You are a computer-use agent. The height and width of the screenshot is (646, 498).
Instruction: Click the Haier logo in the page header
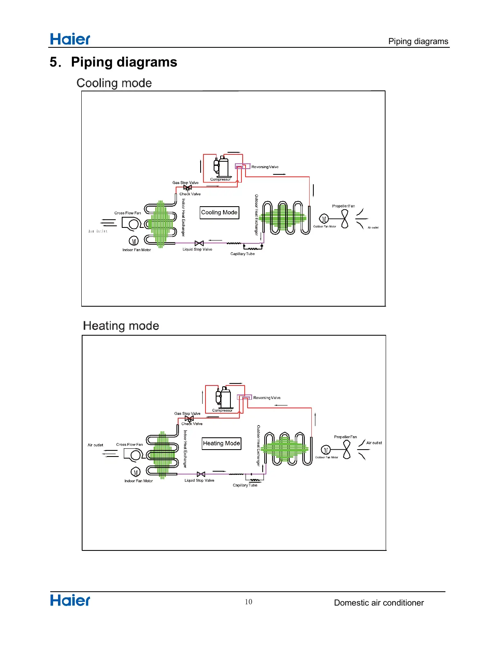(70, 39)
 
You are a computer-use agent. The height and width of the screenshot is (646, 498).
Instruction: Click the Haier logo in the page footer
(70, 600)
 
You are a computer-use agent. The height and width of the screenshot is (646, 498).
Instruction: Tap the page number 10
(248, 602)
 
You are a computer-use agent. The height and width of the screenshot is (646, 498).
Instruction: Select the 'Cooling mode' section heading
(114, 83)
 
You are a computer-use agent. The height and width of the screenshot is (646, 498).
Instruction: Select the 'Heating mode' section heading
(121, 326)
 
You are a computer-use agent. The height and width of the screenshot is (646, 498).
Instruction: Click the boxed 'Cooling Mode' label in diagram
(219, 213)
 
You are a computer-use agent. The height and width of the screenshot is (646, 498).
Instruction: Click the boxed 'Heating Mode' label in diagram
(221, 443)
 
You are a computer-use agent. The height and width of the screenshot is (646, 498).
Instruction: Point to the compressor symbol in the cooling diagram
(221, 167)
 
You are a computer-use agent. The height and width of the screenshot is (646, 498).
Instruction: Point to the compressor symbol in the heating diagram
(223, 398)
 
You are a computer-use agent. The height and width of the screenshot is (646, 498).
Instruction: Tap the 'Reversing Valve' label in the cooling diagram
(265, 167)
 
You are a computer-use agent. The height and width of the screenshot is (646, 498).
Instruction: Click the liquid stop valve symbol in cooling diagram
(199, 243)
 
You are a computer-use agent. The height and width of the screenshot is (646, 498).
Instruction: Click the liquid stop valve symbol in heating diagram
(201, 474)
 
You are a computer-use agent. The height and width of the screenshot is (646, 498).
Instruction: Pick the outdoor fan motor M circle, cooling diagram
(324, 219)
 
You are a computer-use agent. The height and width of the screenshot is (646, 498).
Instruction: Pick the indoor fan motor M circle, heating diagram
(136, 472)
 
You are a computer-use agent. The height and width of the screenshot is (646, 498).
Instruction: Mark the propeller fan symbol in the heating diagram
(347, 450)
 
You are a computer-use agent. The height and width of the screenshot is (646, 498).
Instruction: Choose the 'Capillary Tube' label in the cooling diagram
(242, 254)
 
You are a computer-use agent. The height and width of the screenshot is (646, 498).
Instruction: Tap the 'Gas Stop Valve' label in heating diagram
(187, 414)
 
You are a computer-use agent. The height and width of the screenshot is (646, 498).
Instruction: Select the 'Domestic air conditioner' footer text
(379, 603)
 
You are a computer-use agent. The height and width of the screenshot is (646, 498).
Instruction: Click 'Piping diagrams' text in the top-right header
(418, 41)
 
